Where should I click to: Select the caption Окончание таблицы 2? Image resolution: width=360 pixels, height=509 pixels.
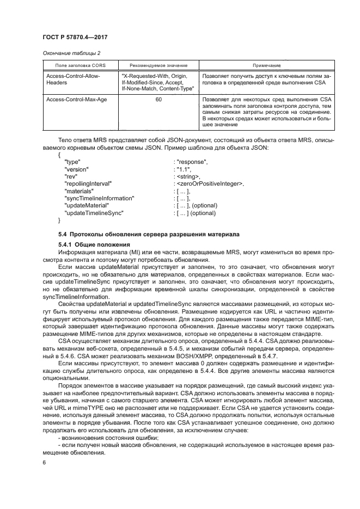(x=71, y=53)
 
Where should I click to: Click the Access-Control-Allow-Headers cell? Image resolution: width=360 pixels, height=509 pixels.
(x=74, y=79)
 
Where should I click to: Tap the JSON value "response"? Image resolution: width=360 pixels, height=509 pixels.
(x=191, y=162)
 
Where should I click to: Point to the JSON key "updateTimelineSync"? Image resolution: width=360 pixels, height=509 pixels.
(x=94, y=213)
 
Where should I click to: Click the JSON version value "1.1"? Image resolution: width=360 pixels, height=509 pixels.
(x=183, y=169)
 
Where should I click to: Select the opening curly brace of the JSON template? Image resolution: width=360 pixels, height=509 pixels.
(x=59, y=155)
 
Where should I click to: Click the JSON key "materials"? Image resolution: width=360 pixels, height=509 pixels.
(x=80, y=191)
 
